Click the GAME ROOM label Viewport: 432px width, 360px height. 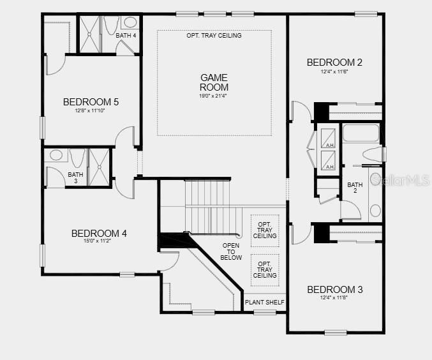click(x=214, y=82)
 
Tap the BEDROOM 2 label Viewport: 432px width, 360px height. click(x=334, y=63)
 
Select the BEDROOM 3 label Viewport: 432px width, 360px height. click(x=334, y=290)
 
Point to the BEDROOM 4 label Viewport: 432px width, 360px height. click(x=99, y=234)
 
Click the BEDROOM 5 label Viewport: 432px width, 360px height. click(x=91, y=101)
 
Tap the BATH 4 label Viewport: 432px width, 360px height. click(x=126, y=36)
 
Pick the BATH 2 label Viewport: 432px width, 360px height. click(x=355, y=188)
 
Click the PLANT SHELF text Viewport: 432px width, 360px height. click(x=265, y=303)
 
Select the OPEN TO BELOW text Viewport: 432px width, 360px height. click(x=232, y=251)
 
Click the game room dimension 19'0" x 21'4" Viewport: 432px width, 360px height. click(x=214, y=96)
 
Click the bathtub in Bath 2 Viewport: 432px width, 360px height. click(x=361, y=133)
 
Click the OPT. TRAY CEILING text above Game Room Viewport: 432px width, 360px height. click(x=214, y=36)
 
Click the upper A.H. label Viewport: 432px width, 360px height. click(x=330, y=146)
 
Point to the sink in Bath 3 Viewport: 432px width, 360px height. click(x=56, y=155)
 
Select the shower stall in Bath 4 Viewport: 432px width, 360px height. click(x=90, y=33)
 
